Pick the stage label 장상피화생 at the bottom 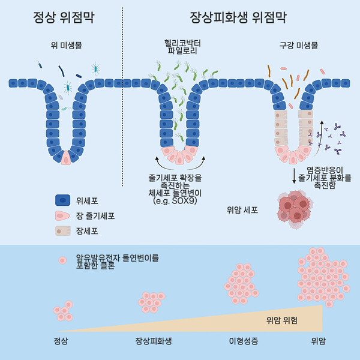154,341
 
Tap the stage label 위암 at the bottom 319,341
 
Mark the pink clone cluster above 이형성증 243,283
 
